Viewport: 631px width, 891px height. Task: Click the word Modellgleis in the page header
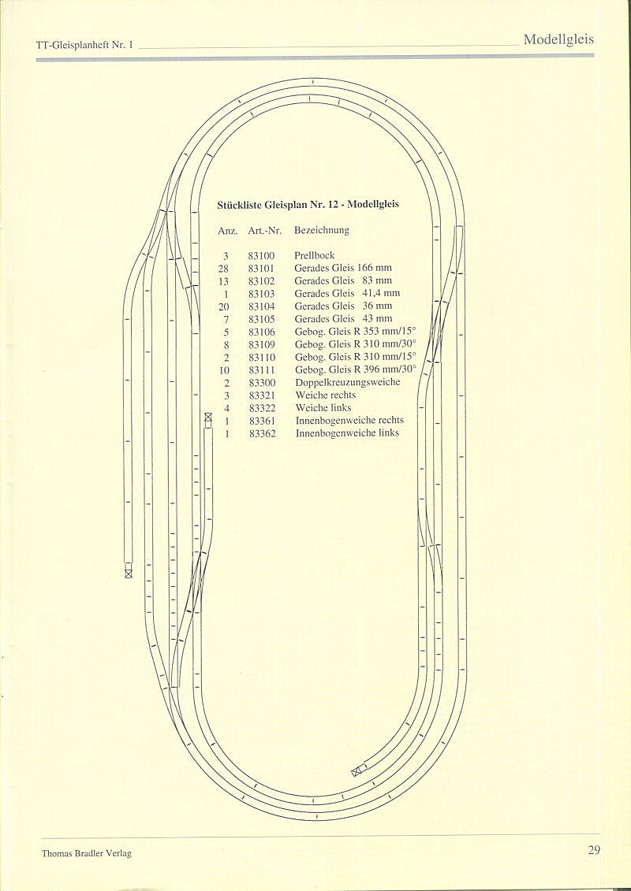tap(558, 40)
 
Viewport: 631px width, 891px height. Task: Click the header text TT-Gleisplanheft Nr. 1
tap(85, 46)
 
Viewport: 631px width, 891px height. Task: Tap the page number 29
tap(594, 850)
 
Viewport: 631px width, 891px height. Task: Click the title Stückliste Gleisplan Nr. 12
tap(308, 205)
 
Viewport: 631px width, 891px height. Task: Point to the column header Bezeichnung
tap(321, 231)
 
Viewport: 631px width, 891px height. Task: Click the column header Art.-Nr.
tap(264, 231)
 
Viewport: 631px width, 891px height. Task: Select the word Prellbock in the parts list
tap(314, 255)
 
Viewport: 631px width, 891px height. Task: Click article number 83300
tap(261, 383)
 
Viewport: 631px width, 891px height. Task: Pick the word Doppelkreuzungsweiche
tap(347, 383)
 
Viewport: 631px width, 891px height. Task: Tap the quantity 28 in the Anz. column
tap(223, 268)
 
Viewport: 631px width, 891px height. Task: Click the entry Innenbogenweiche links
tap(347, 433)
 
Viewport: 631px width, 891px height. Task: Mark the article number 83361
tap(262, 421)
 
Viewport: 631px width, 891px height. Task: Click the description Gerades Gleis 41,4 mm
tap(347, 294)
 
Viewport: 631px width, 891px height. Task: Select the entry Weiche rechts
tap(325, 395)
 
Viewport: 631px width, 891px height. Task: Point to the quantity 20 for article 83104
tap(223, 306)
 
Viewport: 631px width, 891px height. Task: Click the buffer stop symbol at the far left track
tap(129, 574)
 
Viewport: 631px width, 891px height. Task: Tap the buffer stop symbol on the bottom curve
tap(357, 770)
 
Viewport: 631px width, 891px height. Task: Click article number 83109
tap(261, 344)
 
